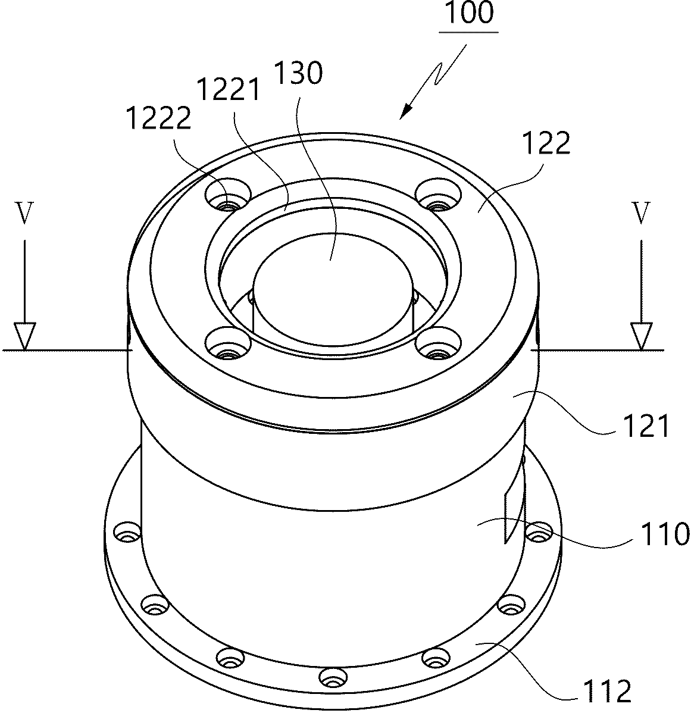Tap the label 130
(298, 73)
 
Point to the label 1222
(159, 118)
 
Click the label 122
(546, 143)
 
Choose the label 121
(646, 427)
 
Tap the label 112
(608, 691)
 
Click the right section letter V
(641, 213)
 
